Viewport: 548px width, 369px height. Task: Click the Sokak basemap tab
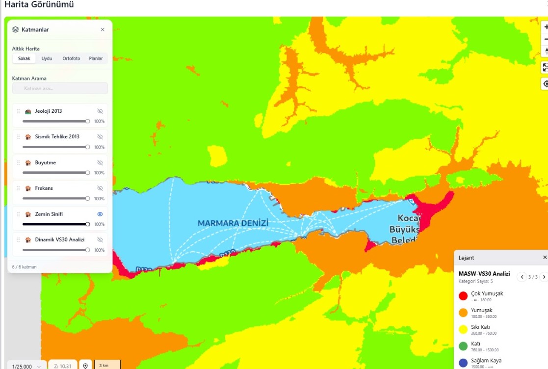click(x=24, y=58)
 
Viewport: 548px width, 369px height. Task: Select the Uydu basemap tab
click(x=47, y=58)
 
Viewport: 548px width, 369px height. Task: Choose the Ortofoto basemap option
click(x=71, y=58)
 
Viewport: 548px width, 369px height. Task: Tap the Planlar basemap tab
click(x=96, y=58)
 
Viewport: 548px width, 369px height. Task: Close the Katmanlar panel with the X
click(x=103, y=29)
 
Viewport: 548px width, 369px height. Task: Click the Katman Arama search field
click(x=60, y=88)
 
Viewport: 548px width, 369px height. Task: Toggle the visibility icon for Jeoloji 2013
click(x=100, y=111)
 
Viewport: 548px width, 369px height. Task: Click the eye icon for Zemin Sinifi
click(x=100, y=214)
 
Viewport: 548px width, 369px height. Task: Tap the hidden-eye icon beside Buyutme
click(x=100, y=162)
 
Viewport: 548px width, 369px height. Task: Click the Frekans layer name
click(x=44, y=188)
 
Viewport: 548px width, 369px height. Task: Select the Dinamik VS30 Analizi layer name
click(x=60, y=240)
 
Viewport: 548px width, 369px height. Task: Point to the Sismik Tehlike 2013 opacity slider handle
click(x=88, y=147)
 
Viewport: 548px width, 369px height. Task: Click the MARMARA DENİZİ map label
click(x=233, y=223)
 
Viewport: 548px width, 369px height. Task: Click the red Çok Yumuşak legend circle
click(x=463, y=296)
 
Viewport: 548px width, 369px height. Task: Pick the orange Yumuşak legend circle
click(x=463, y=313)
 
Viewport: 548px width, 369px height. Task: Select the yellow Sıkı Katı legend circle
click(x=463, y=329)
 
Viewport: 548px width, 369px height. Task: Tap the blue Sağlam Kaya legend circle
click(x=463, y=363)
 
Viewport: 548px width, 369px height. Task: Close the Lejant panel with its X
click(x=545, y=258)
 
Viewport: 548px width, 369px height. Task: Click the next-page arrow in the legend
click(x=544, y=277)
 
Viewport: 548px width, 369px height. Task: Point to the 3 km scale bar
click(x=107, y=365)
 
